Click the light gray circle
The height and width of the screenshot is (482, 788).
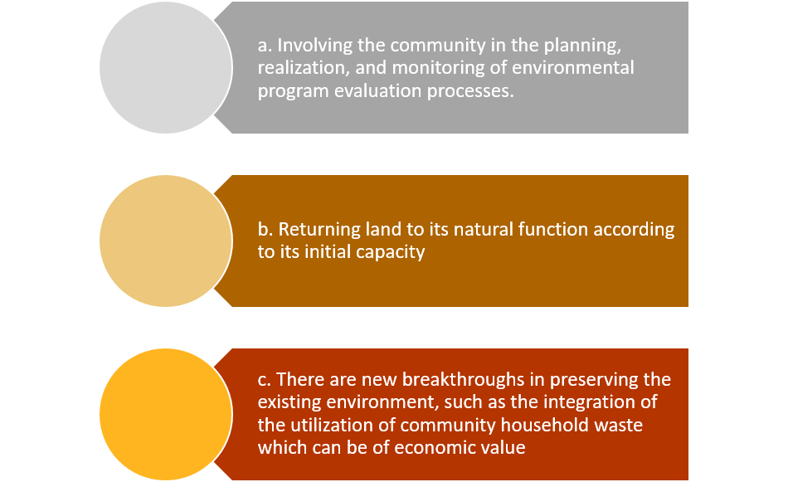coord(166,67)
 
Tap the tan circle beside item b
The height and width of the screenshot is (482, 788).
coord(166,241)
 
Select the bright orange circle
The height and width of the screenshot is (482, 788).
coord(166,414)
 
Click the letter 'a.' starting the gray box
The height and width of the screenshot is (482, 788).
coord(265,46)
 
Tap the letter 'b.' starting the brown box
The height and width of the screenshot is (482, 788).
coord(265,229)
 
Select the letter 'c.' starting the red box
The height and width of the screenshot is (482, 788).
coord(265,379)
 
